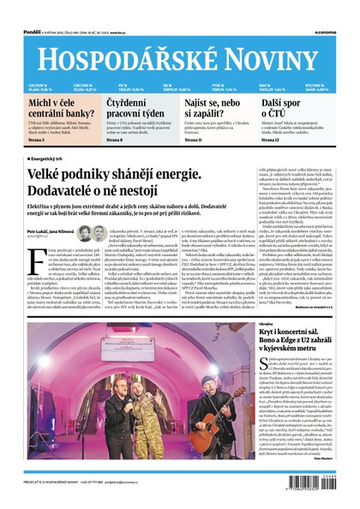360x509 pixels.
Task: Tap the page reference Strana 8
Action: pos(116,139)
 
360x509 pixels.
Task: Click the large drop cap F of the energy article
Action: pos(33,253)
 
